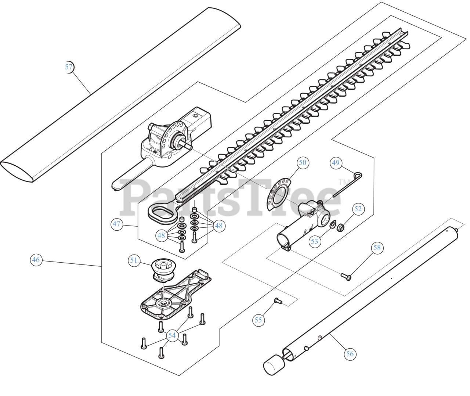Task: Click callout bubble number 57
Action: point(69,67)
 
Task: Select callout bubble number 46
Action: point(36,260)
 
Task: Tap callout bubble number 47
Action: point(117,224)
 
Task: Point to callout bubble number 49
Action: point(336,162)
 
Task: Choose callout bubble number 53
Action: point(314,241)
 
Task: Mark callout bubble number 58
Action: point(377,248)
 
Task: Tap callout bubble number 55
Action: point(258,320)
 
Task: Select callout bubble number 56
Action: point(350,354)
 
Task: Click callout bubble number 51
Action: point(134,260)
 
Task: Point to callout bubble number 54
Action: point(172,335)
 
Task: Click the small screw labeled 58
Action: point(345,277)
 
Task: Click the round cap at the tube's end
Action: point(273,365)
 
